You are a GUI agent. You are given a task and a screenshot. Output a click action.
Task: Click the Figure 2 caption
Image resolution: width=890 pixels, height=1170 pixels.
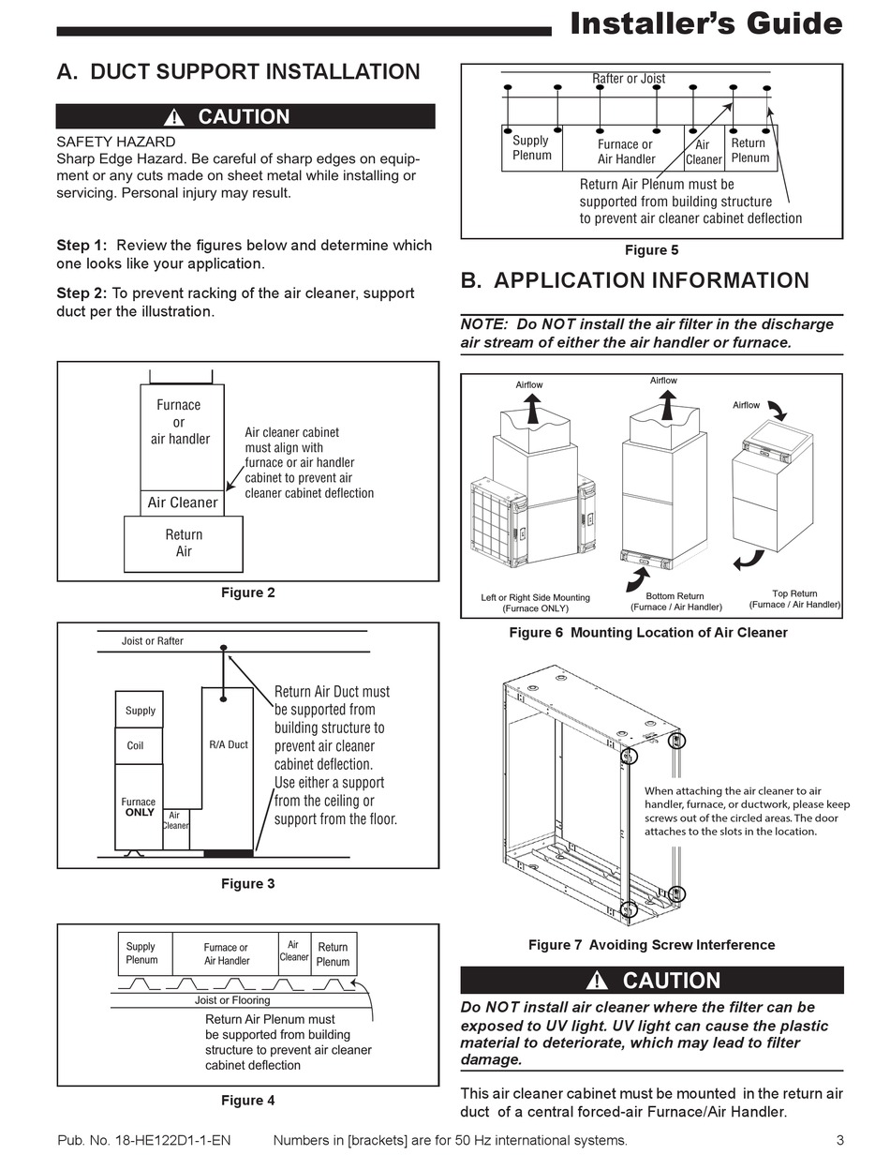point(248,592)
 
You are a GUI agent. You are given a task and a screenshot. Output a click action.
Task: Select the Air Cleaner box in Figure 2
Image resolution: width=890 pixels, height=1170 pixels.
point(183,502)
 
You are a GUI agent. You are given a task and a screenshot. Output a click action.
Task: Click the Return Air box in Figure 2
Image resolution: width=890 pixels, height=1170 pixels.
point(184,543)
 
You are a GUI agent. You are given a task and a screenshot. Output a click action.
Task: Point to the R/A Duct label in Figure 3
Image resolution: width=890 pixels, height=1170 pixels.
point(229,744)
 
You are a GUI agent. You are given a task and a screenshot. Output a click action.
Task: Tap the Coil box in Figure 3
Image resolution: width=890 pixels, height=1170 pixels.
point(136,746)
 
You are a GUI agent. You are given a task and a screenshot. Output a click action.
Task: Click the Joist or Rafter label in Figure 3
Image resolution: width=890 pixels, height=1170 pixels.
point(153,641)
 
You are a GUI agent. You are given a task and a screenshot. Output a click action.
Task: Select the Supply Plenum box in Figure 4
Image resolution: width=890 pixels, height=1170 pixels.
point(141,952)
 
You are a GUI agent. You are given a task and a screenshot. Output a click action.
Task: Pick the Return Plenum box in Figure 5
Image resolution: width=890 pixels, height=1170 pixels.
point(749,150)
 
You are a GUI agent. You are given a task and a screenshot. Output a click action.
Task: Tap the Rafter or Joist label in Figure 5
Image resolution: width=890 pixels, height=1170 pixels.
point(629,79)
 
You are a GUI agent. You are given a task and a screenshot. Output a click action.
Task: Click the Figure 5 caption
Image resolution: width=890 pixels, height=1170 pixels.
point(652,250)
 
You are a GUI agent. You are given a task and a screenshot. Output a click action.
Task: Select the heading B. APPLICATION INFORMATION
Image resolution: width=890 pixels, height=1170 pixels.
point(635,280)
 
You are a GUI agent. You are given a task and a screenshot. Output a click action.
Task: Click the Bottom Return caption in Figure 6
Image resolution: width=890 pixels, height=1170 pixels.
point(675,601)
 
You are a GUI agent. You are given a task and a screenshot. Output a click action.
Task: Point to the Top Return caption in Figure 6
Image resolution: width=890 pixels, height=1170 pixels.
point(794,599)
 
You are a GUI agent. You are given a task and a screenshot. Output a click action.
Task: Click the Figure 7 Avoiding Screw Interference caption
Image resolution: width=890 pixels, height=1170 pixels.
point(652,944)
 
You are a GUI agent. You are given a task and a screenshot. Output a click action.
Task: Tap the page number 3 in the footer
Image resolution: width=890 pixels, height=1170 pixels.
point(840,1140)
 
